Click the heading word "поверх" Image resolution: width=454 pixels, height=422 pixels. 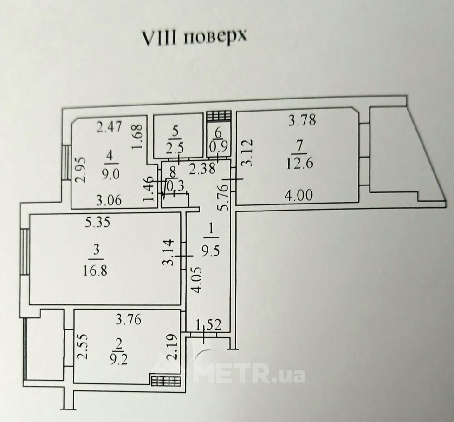click(x=215, y=37)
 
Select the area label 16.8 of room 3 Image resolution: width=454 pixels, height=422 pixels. click(x=96, y=271)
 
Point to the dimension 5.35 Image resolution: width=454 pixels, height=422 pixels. click(x=97, y=223)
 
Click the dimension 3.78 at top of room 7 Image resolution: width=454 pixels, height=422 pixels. click(x=302, y=120)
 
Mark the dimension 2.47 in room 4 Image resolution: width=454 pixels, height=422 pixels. click(x=109, y=127)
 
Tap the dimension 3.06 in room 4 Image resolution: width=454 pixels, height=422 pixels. click(x=109, y=200)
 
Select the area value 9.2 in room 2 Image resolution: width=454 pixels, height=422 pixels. click(x=119, y=360)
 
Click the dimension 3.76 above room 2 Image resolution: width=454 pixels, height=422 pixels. click(x=128, y=320)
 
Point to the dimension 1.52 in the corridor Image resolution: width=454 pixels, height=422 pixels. click(x=209, y=325)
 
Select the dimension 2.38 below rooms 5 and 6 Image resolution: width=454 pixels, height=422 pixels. click(x=202, y=168)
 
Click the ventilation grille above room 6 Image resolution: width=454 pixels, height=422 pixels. click(x=219, y=116)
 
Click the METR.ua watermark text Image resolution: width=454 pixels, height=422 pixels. click(x=249, y=375)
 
